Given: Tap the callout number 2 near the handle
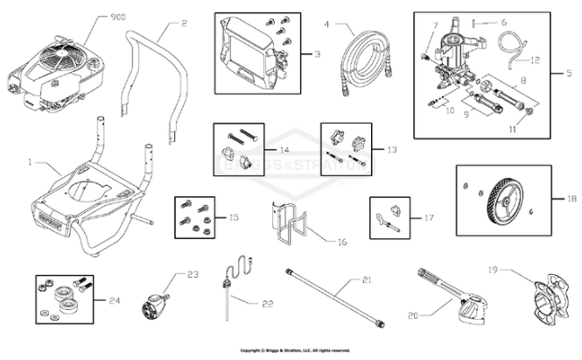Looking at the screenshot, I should (184, 23).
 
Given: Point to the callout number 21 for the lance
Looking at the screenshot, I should (368, 280).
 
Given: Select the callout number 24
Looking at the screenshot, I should (115, 301).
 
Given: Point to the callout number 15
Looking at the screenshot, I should (232, 216).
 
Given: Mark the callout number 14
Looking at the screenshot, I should (284, 150).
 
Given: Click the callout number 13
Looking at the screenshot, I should (389, 150).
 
